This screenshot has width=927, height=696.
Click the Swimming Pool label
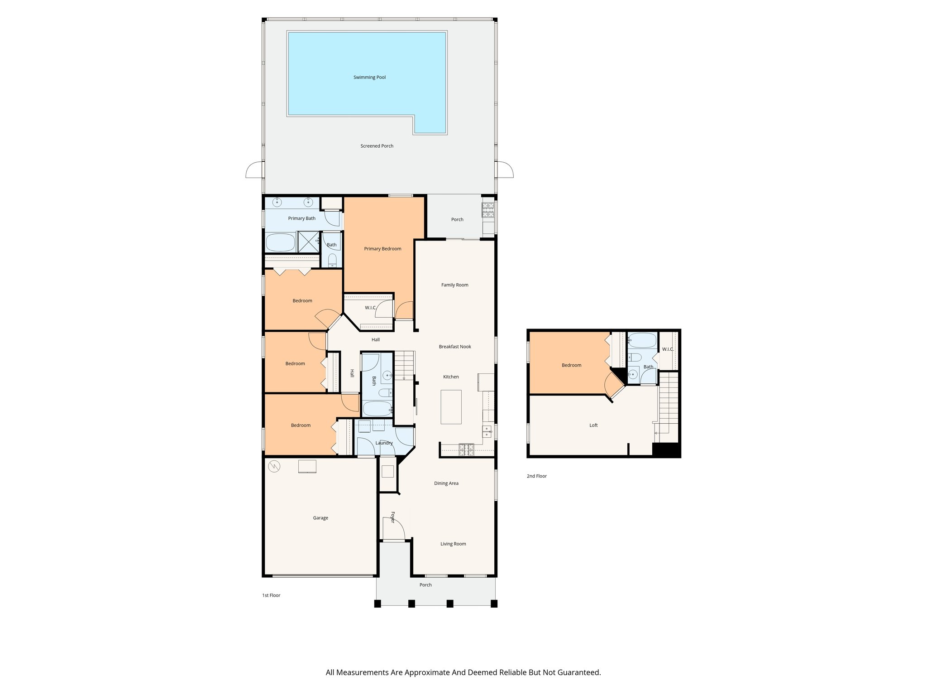coord(369,77)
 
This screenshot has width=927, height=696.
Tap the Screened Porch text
coord(377,146)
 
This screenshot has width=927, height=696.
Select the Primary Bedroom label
coord(382,249)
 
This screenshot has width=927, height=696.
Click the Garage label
coord(320,518)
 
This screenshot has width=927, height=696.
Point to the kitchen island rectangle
coord(451,407)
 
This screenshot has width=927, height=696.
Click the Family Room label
coord(454,285)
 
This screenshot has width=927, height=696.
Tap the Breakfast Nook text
coord(455,347)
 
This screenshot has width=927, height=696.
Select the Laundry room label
coord(384,443)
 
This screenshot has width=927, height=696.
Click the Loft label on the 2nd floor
coord(593,425)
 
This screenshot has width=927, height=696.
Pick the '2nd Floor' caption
coord(536,476)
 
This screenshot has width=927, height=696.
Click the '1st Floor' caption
coord(271,595)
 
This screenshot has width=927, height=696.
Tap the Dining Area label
coord(446,483)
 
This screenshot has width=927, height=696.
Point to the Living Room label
coord(453,544)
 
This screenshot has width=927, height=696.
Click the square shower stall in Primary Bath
coord(308,242)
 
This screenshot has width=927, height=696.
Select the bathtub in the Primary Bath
coord(280,242)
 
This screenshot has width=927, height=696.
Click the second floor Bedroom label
coord(571,365)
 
